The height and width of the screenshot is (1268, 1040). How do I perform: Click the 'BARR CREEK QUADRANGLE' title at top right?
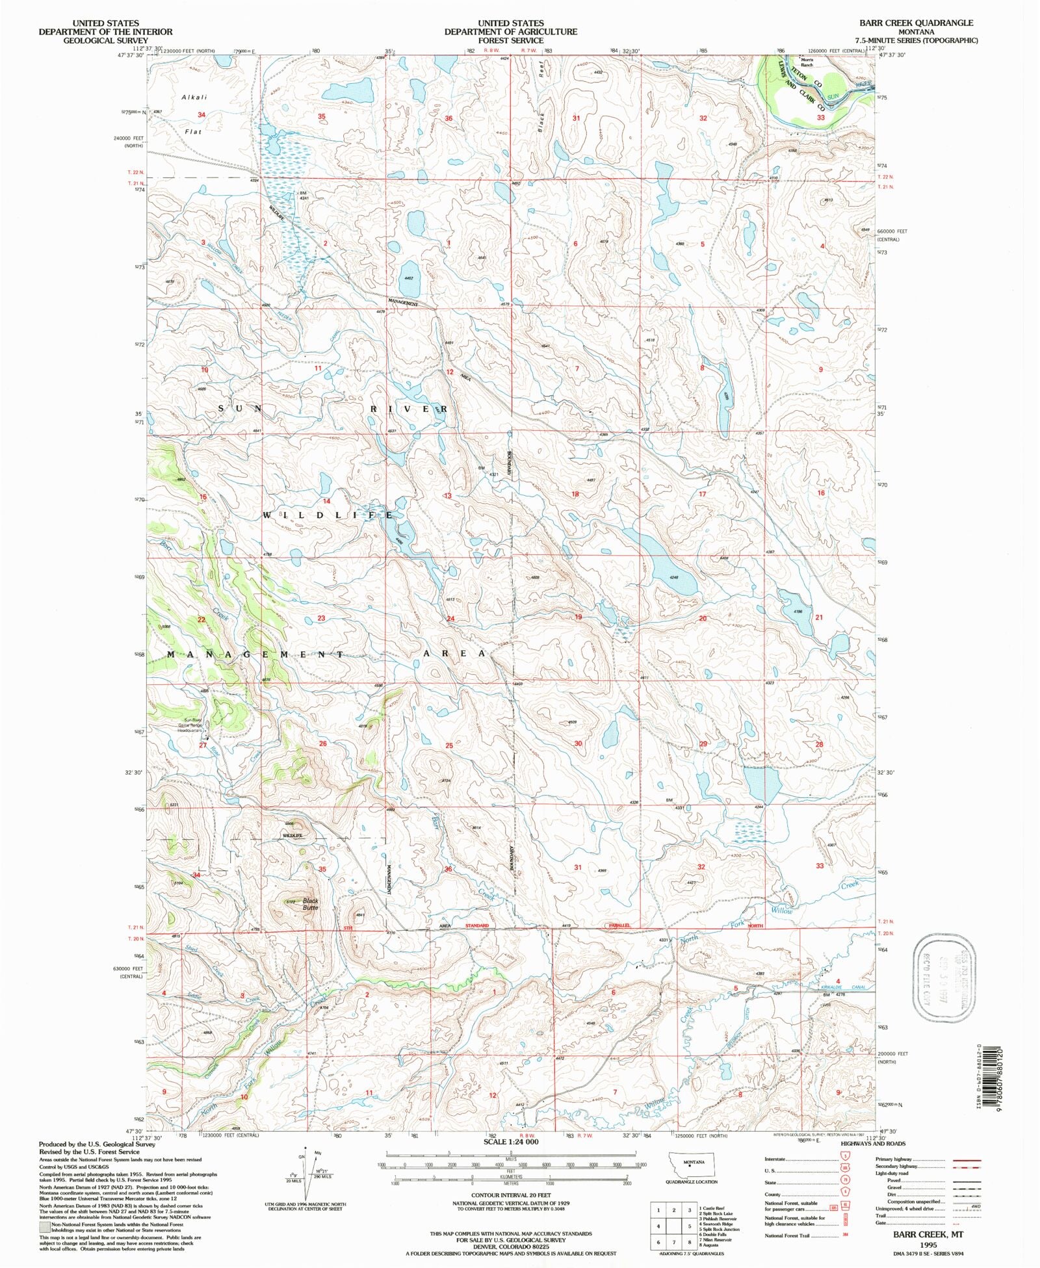(x=916, y=23)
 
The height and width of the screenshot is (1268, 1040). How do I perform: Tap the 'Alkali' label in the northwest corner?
(x=194, y=97)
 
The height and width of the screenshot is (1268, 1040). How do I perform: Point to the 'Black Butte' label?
(x=310, y=904)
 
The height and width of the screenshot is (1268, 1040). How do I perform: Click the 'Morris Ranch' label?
(x=807, y=62)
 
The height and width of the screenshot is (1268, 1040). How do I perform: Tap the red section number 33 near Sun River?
(x=821, y=118)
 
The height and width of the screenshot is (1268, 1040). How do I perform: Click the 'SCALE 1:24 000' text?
(x=510, y=1142)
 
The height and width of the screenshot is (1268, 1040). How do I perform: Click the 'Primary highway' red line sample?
(x=966, y=1159)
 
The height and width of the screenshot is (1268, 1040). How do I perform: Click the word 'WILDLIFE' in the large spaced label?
(x=328, y=515)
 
